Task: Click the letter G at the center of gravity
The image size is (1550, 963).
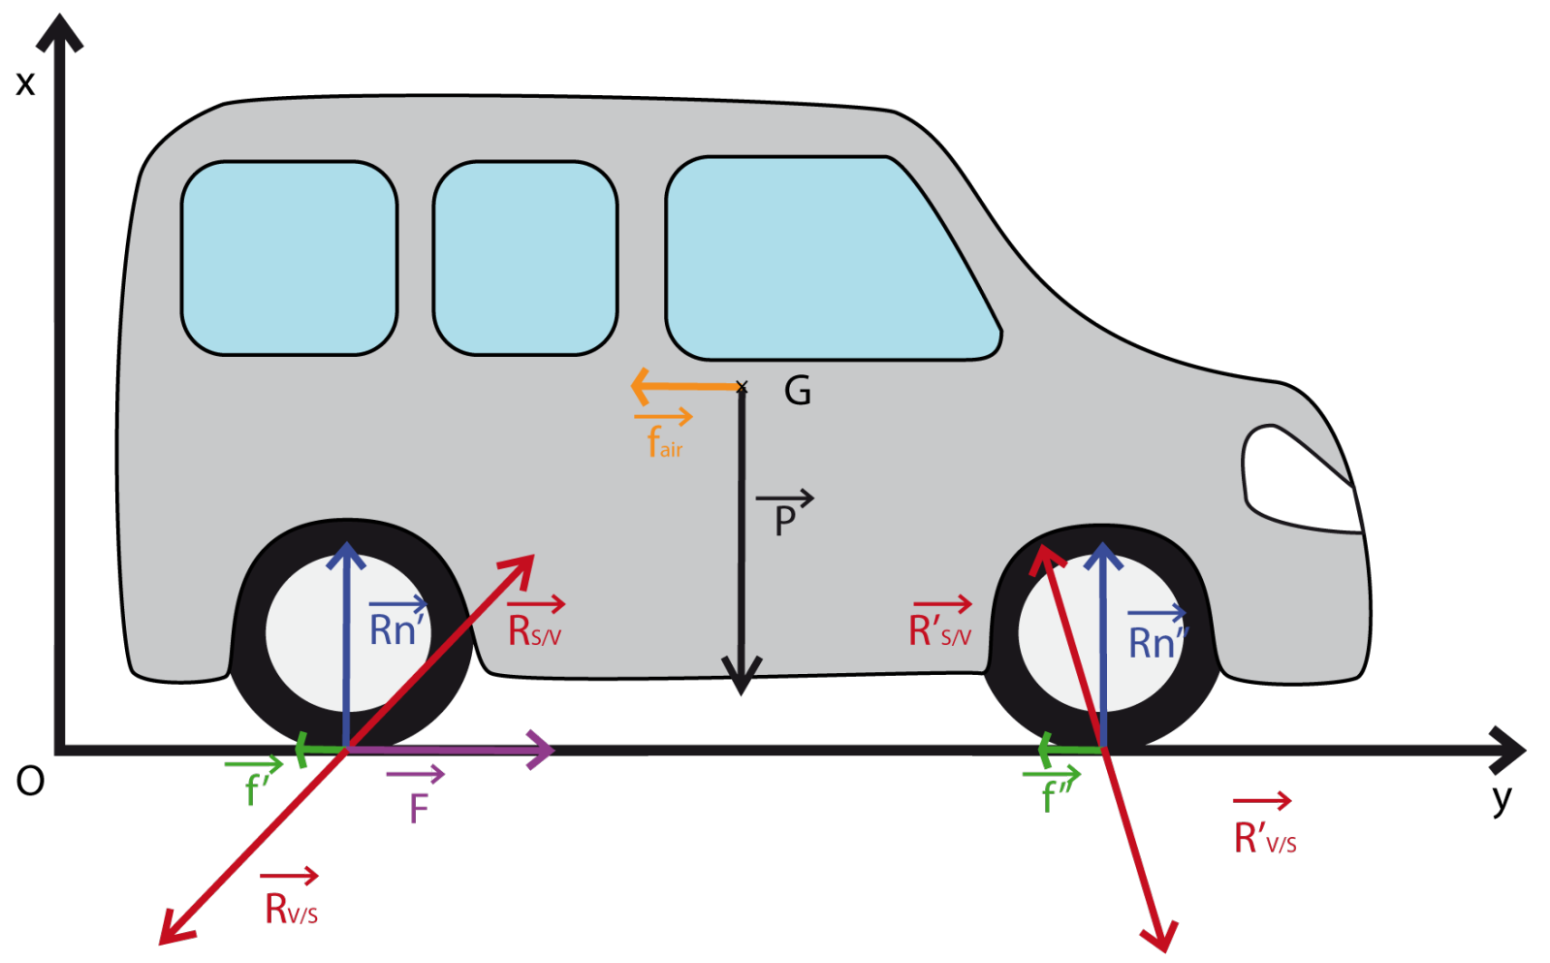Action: pos(797,391)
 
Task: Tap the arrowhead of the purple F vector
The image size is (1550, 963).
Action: pos(543,750)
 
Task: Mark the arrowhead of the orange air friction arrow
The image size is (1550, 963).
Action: pos(640,386)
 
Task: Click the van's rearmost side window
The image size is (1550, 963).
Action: pos(289,258)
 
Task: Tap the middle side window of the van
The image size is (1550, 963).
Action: pos(524,258)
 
